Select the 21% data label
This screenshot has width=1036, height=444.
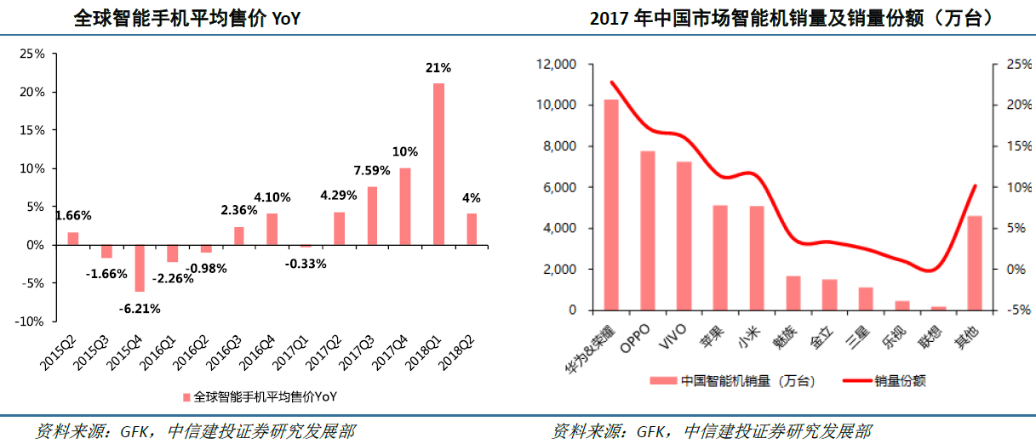tap(438, 67)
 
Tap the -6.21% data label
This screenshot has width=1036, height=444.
tap(140, 308)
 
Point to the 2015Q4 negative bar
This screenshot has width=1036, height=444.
tap(140, 268)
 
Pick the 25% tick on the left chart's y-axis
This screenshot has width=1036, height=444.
tap(32, 54)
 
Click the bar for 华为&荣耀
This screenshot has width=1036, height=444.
tap(611, 204)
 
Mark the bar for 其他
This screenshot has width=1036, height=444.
tap(975, 263)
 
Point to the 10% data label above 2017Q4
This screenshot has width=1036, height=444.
tap(405, 151)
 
